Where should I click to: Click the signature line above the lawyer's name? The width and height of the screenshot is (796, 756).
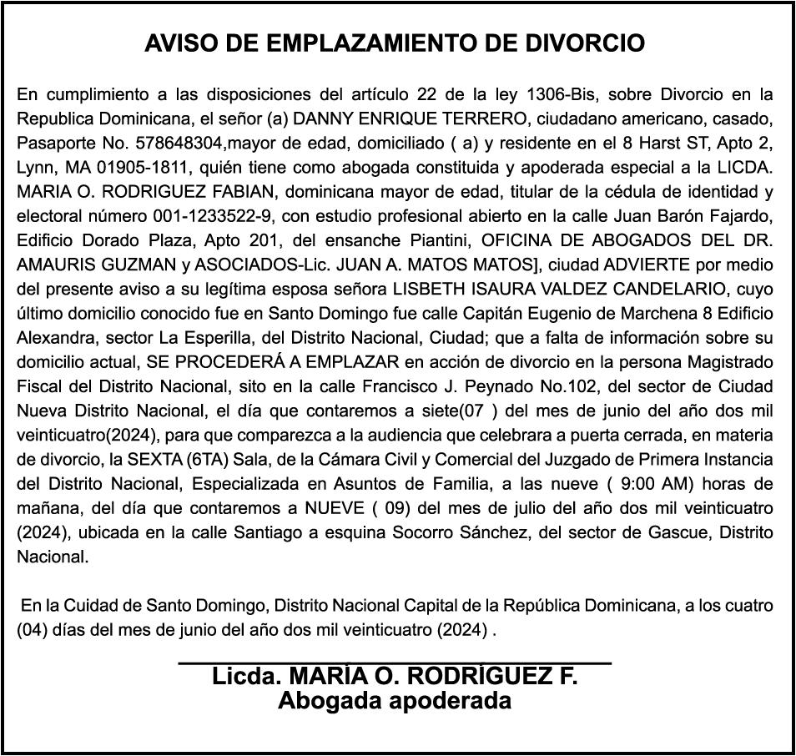click(395, 663)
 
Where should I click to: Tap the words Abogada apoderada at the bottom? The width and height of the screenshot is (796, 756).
click(395, 700)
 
